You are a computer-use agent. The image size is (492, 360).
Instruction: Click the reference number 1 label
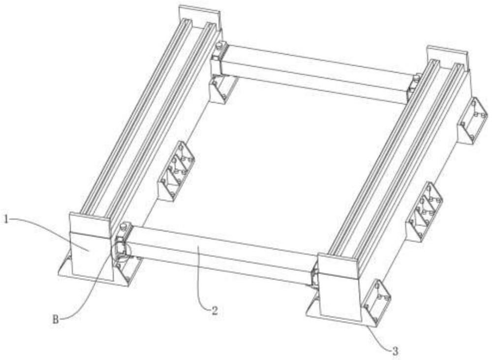pyautogui.click(x=6, y=218)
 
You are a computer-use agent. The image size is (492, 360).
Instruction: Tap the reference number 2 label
pyautogui.click(x=215, y=311)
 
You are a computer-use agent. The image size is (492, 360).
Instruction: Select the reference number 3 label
pyautogui.click(x=396, y=351)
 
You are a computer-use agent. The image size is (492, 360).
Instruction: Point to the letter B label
pyautogui.click(x=56, y=320)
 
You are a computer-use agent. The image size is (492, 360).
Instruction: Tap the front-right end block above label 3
pyautogui.click(x=339, y=289)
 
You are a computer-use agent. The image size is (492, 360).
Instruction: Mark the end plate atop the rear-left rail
pyautogui.click(x=200, y=14)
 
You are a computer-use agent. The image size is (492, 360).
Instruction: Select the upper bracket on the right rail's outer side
pyautogui.click(x=472, y=120)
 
